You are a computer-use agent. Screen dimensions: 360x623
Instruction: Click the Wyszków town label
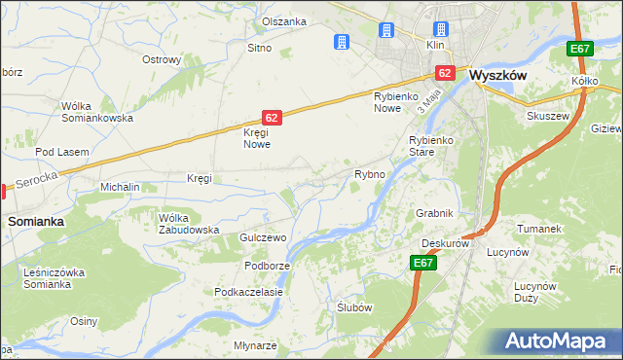pos(498,73)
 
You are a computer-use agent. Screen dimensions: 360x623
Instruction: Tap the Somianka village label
pos(36,221)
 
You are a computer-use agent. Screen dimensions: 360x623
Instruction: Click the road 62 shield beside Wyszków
pos(445,73)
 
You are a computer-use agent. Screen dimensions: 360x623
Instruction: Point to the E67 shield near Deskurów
pos(422,263)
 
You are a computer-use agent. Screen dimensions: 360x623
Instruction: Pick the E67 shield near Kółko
pos(580,50)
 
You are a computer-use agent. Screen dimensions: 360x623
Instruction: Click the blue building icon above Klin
pos(441,29)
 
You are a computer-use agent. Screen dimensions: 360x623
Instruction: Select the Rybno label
pos(370,174)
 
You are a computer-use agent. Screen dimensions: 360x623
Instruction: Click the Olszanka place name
pos(284,21)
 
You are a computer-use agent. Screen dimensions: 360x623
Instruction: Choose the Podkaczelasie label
pos(249,291)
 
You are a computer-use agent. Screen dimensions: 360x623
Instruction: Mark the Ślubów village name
pos(353,306)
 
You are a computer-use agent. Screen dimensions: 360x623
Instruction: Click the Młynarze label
pos(256,345)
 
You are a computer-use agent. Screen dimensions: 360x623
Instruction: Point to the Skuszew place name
pos(549,114)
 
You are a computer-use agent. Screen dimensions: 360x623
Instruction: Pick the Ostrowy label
pos(162,59)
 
